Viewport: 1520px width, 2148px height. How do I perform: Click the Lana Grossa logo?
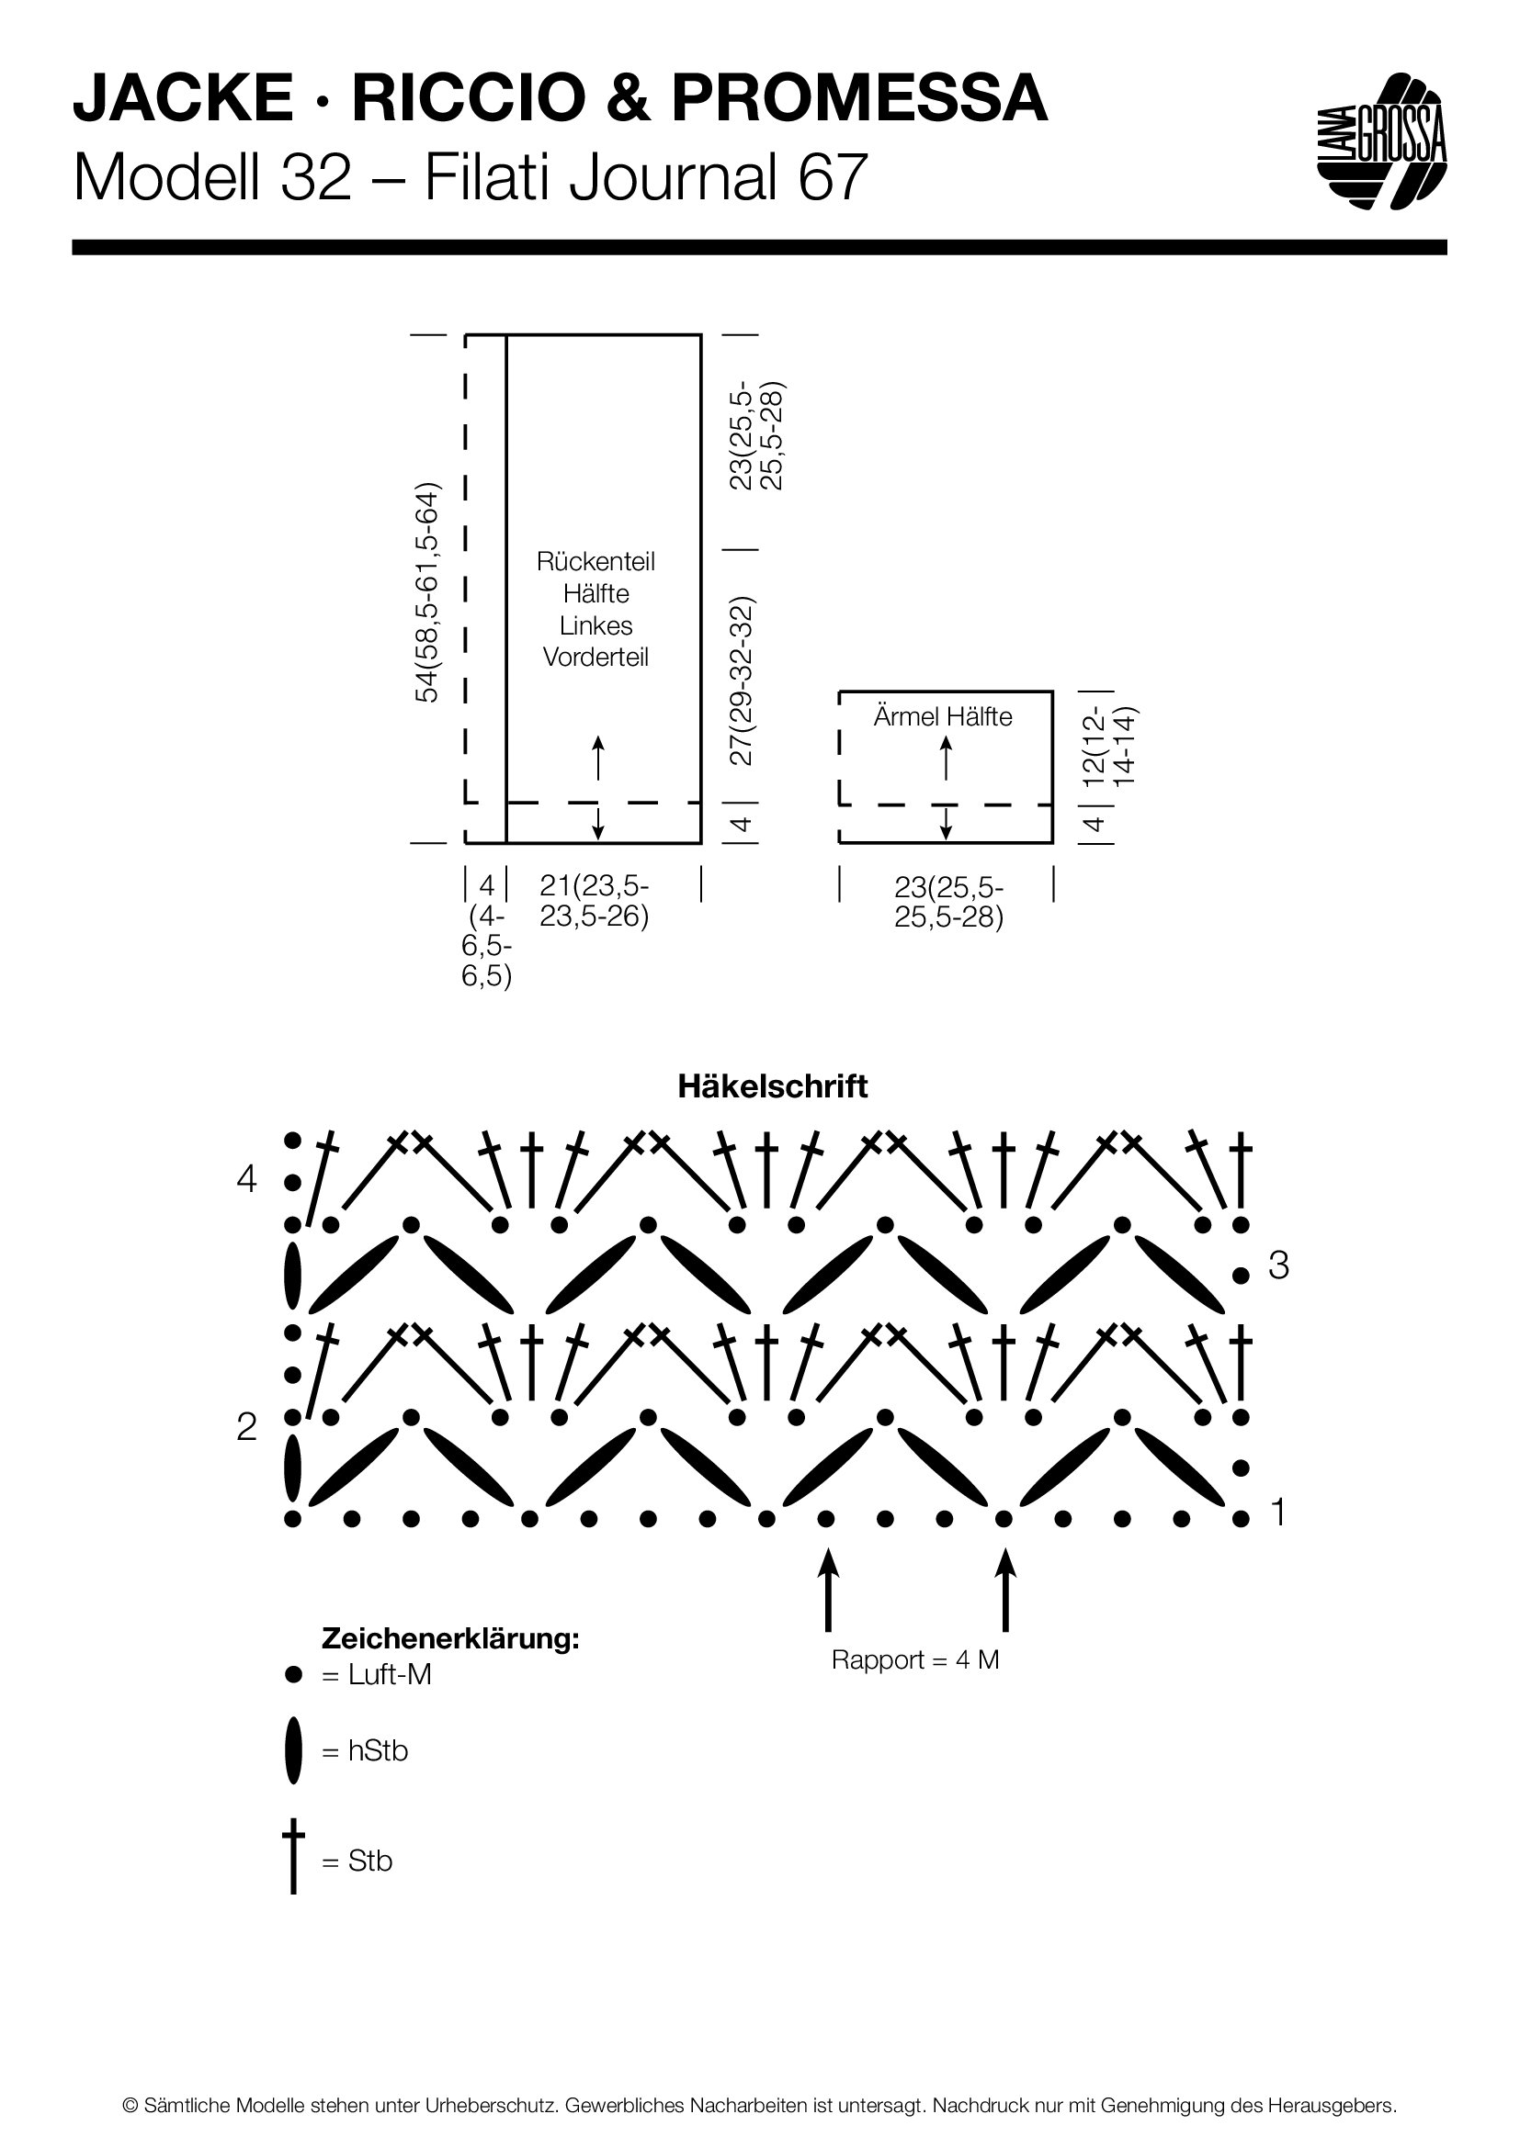pyautogui.click(x=1381, y=141)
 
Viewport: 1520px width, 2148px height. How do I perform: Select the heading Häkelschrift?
pyautogui.click(x=772, y=1086)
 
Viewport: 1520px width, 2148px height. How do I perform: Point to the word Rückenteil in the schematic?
pyautogui.click(x=596, y=561)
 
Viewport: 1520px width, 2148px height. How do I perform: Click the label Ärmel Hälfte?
pyautogui.click(x=943, y=716)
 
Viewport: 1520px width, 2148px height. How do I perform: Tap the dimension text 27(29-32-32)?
pyautogui.click(x=741, y=680)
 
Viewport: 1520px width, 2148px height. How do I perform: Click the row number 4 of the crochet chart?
pyautogui.click(x=246, y=1180)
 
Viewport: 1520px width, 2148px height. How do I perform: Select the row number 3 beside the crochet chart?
pyautogui.click(x=1278, y=1265)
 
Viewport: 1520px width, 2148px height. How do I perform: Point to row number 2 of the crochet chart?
pyautogui.click(x=246, y=1427)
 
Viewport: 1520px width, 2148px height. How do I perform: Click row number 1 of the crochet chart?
pyautogui.click(x=1278, y=1512)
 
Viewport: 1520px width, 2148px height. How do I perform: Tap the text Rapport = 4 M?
pyautogui.click(x=915, y=1659)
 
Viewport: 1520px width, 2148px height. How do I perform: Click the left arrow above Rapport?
pyautogui.click(x=827, y=1590)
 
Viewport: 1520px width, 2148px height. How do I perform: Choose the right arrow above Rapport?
pyautogui.click(x=1005, y=1590)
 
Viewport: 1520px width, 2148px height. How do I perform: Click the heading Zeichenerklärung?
pyautogui.click(x=450, y=1638)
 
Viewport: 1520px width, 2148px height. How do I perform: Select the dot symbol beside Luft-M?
pyautogui.click(x=294, y=1675)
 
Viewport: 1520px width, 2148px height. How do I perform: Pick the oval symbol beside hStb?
pyautogui.click(x=295, y=1750)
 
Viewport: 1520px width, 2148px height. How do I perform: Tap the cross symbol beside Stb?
pyautogui.click(x=294, y=1856)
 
